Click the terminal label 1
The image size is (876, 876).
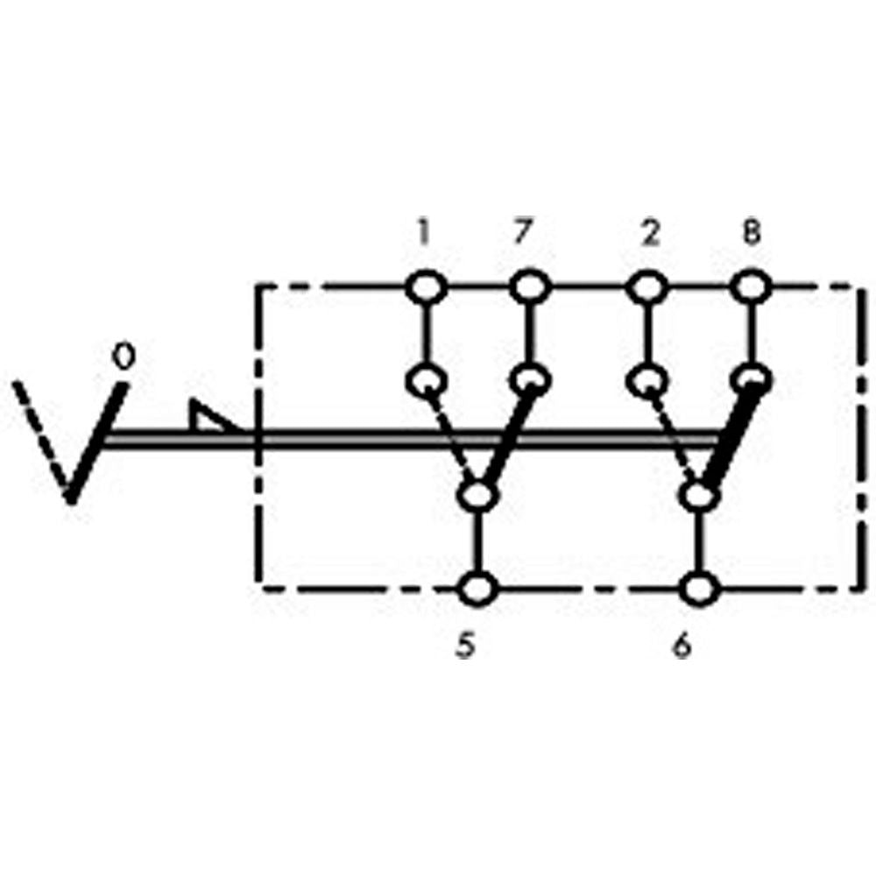tap(423, 234)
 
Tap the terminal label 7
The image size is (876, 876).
tap(520, 234)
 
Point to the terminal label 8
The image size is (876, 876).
tap(752, 234)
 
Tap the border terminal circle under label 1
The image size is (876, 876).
tap(427, 286)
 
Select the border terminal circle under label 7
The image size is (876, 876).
tap(528, 286)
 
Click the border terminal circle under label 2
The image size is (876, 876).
tap(646, 286)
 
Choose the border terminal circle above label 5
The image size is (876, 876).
tap(478, 589)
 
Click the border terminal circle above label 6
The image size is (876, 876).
tap(699, 589)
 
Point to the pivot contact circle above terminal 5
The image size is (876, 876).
tap(478, 496)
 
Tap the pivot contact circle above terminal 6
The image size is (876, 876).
tap(698, 496)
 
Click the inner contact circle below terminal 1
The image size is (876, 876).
tap(427, 382)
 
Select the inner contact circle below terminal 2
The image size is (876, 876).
tap(646, 382)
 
